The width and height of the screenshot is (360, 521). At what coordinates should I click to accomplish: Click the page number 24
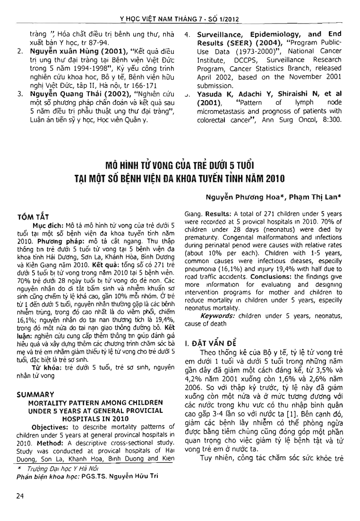click(x=19, y=495)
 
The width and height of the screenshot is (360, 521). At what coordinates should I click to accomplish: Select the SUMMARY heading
click(x=34, y=394)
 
